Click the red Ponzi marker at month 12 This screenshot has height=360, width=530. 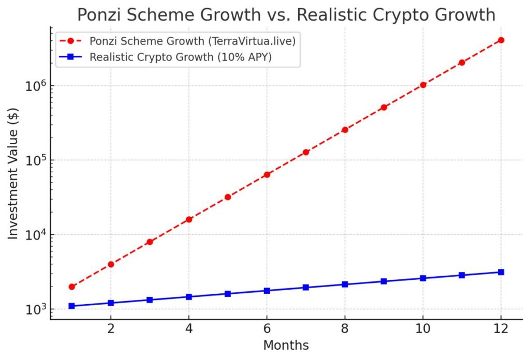(500, 40)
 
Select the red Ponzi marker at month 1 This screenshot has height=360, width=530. (72, 287)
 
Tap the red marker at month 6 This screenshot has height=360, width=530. (267, 174)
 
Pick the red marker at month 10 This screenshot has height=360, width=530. (423, 85)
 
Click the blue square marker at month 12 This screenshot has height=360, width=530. (500, 272)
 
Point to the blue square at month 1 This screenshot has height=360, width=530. (72, 306)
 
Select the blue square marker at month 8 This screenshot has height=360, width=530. (345, 284)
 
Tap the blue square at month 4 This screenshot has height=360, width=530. (189, 297)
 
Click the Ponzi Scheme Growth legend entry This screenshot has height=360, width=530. (192, 41)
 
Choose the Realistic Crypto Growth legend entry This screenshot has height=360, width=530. (181, 57)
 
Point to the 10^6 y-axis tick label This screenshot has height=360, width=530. (35, 86)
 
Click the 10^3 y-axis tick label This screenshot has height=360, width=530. (35, 309)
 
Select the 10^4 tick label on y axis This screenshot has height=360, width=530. (35, 235)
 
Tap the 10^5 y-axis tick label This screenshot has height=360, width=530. (35, 160)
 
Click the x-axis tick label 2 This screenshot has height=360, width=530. (111, 329)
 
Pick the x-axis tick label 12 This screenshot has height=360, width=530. (500, 329)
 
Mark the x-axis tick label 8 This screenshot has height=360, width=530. (345, 329)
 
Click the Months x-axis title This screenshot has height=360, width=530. (286, 346)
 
